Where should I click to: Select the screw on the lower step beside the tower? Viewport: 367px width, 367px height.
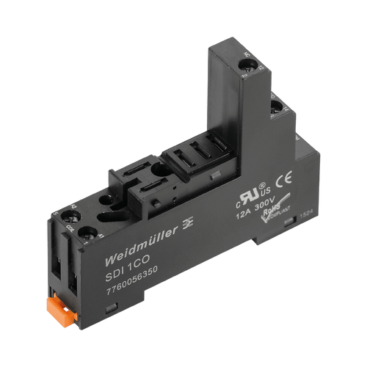point(277,111)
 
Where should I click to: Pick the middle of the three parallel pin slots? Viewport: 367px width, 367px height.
point(195,154)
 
